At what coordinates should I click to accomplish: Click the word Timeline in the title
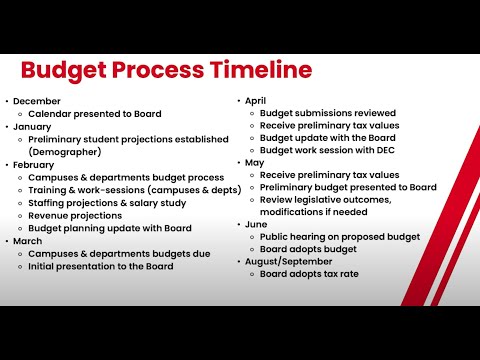coord(261,69)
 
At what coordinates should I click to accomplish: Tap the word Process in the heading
coord(158,70)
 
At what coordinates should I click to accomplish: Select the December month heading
coord(37,101)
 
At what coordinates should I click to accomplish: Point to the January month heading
coord(32,127)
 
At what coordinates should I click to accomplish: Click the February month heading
coord(33,165)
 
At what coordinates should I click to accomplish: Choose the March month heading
coord(28,241)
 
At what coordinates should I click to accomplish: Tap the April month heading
coord(255,101)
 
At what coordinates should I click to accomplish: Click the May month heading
coord(254,163)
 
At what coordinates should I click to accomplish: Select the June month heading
coord(256,224)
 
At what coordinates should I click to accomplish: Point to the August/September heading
coord(288,262)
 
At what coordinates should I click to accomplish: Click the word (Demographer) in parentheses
coord(65,152)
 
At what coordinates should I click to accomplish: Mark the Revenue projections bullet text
coord(75,216)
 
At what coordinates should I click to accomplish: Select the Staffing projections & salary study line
coord(107,203)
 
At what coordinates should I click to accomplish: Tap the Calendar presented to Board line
coord(95,114)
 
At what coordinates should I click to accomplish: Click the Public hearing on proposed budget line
coord(340,237)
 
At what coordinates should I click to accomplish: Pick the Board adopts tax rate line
coord(309,274)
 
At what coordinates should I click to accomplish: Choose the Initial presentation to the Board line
coord(101,266)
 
